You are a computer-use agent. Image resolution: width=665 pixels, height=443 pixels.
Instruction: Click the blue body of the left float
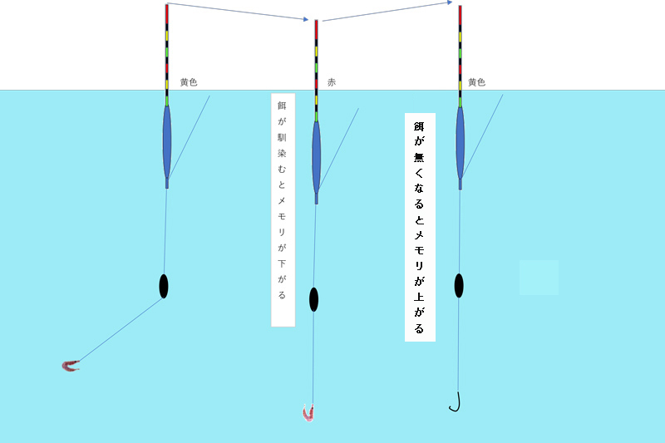pos(167,141)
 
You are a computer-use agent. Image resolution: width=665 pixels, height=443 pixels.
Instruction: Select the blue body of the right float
pos(460,141)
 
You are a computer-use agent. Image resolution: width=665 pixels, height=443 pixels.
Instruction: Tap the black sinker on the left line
pos(164,285)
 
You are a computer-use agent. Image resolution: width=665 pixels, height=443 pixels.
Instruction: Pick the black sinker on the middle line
pos(313,298)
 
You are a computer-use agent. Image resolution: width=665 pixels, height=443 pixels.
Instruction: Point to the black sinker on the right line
pos(459,285)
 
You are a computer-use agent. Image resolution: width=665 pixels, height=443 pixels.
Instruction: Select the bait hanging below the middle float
pos(310,412)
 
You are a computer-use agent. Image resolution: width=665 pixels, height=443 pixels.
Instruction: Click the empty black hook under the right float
pos(456,403)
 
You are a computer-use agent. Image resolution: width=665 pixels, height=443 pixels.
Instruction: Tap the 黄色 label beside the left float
pos(189,83)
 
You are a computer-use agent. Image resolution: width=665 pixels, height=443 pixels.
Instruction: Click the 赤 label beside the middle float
pos(332,83)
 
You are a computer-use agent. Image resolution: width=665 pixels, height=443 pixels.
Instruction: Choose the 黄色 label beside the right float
pos(476,83)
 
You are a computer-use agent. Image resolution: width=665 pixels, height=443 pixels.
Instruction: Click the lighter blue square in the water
pos(539,277)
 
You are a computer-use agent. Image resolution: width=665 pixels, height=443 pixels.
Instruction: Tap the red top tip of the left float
pos(167,12)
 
